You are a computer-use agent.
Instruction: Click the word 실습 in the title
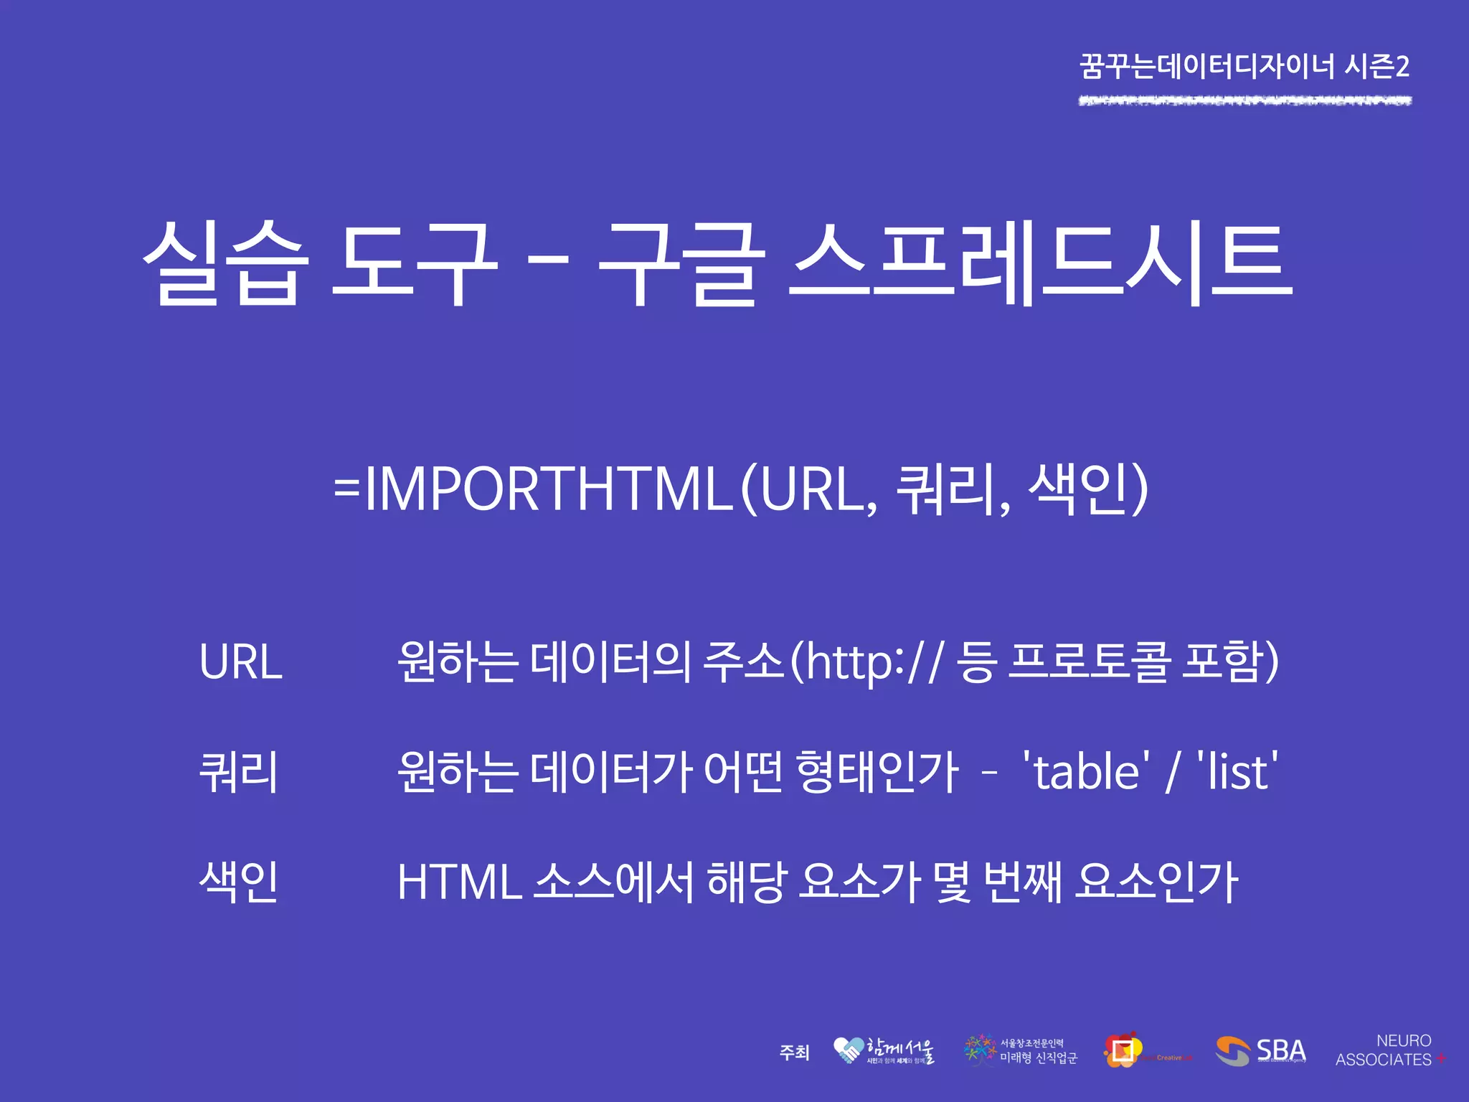point(226,264)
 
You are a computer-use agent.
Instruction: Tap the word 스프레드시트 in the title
point(1040,264)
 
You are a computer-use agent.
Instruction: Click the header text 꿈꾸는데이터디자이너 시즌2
point(1244,67)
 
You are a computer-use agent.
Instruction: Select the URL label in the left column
point(240,661)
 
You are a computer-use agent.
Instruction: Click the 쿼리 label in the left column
point(238,772)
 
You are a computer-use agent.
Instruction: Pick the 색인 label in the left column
point(238,882)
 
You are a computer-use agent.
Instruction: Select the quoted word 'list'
point(1237,772)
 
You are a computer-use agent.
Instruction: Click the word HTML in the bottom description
point(459,882)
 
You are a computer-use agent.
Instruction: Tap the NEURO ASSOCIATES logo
point(1389,1050)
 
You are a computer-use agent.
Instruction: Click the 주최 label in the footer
point(794,1052)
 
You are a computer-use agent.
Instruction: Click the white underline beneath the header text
point(1244,101)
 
